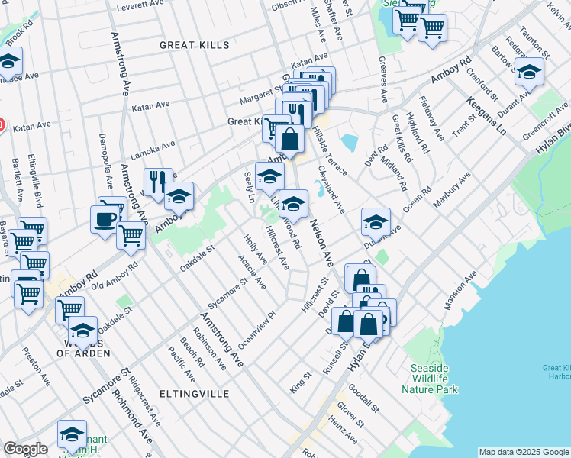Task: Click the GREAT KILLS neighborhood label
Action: (194, 46)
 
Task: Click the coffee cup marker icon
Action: (105, 219)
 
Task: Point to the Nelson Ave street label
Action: (321, 244)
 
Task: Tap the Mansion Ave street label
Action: (460, 290)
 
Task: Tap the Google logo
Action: (25, 449)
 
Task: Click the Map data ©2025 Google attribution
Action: (524, 452)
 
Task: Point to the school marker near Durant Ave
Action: (376, 221)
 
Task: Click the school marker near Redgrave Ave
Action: (528, 72)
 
